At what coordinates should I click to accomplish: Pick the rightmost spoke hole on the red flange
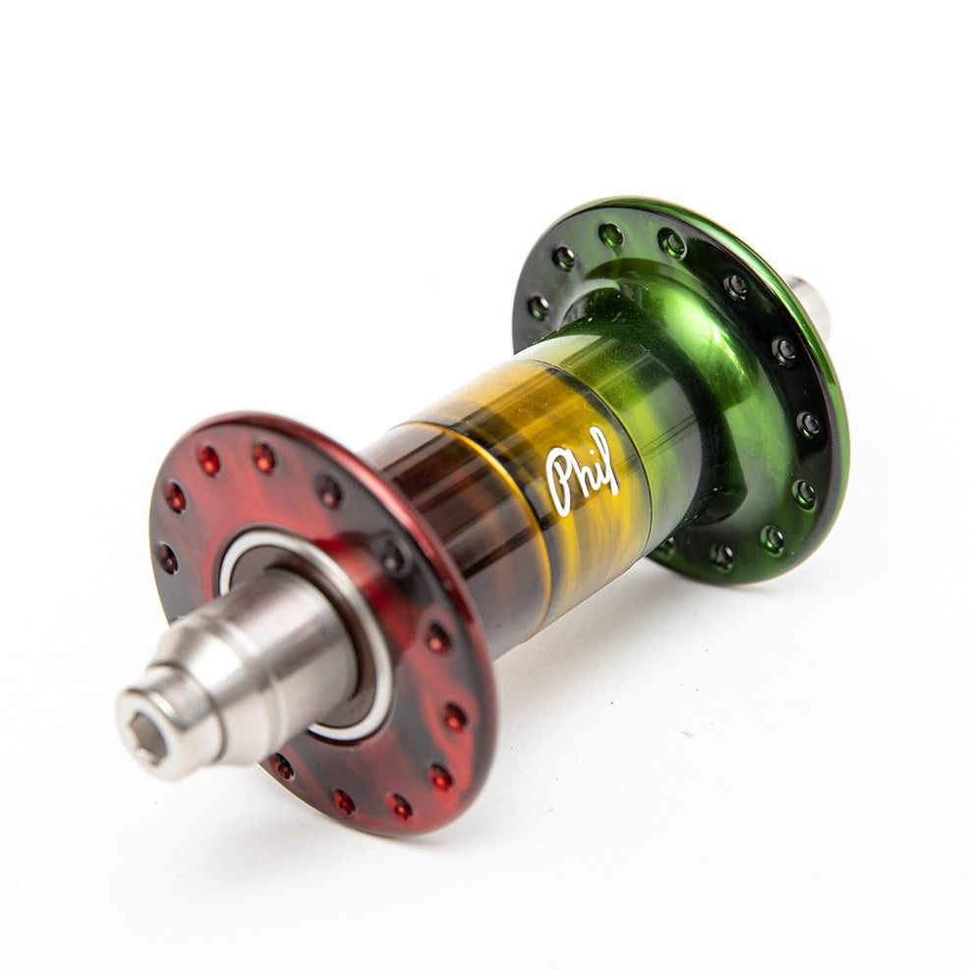[454, 716]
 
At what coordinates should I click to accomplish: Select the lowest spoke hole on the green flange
[723, 556]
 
